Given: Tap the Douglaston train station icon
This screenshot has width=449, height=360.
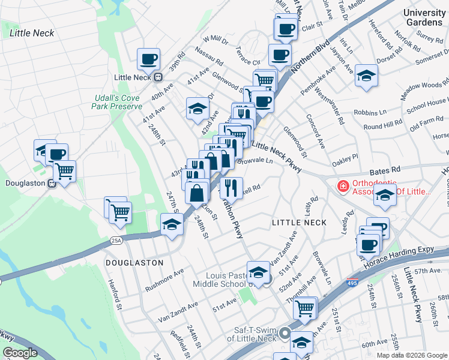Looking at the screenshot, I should click(52, 183).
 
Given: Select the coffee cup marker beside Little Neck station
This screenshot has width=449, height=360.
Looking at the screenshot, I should click(148, 59).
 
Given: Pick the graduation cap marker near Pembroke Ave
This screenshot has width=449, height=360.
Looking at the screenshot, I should click(366, 76).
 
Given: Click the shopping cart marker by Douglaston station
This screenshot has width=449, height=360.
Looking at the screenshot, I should click(64, 171).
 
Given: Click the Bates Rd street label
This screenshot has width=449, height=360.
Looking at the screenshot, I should click(388, 170).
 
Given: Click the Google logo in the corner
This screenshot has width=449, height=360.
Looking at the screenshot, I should click(20, 353).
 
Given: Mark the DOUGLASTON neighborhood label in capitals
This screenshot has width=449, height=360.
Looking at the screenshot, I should click(134, 263).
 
